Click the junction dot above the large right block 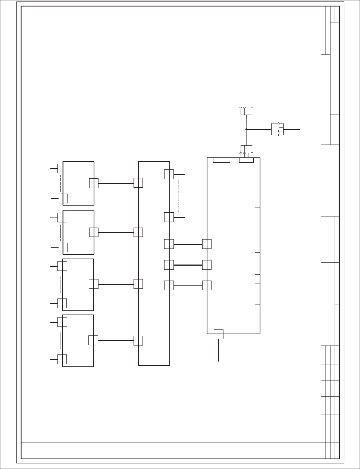(x=246, y=129)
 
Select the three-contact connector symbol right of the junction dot (x=277, y=129)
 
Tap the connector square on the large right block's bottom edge (x=219, y=334)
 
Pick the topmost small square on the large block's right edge (x=257, y=203)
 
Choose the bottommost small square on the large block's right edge (x=257, y=299)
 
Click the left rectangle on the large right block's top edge (x=221, y=160)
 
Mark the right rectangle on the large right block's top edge (x=246, y=160)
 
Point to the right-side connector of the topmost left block (x=94, y=183)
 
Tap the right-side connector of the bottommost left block (x=93, y=340)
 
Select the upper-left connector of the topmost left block (x=62, y=168)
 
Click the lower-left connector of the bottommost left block (x=62, y=359)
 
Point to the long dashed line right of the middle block (x=179, y=196)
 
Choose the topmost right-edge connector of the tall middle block (x=169, y=174)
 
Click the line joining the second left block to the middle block (x=116, y=232)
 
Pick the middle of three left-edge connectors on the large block (x=207, y=265)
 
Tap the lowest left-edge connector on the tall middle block (x=138, y=341)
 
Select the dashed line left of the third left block (x=60, y=284)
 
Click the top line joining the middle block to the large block (x=188, y=244)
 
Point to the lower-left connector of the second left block (x=62, y=247)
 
